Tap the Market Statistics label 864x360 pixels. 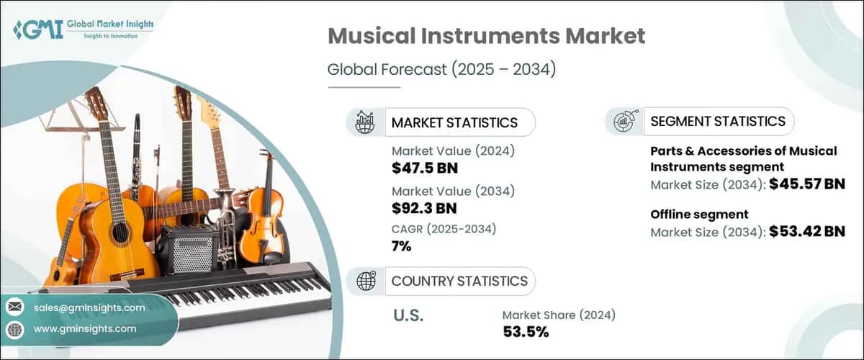pos(454,122)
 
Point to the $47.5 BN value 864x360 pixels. pos(425,168)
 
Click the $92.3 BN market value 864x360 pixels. pos(425,208)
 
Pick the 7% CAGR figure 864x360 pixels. pos(402,247)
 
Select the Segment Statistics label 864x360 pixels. pos(718,121)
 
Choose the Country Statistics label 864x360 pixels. pos(459,281)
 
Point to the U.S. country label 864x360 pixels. pos(408,315)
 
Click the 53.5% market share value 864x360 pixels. pos(526,332)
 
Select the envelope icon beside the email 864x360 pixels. pos(14,307)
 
